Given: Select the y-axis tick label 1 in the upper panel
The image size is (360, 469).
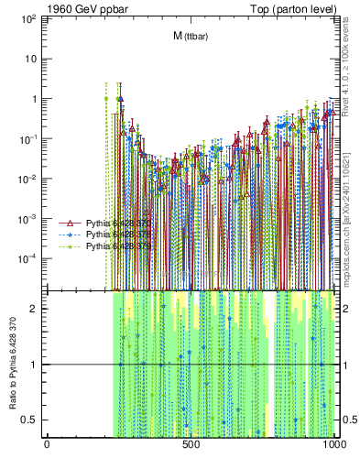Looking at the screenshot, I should (35, 99).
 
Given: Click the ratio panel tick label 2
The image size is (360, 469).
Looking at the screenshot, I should (35, 309).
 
